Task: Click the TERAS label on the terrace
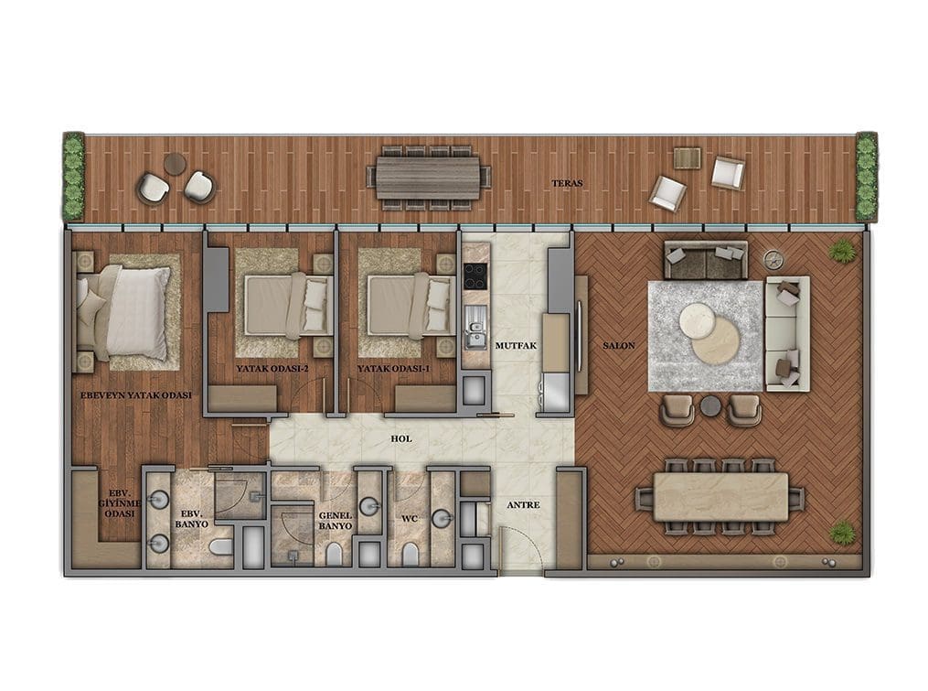(x=567, y=184)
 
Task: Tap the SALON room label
(x=619, y=346)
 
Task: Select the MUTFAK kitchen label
(x=516, y=346)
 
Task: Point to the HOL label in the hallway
(x=401, y=439)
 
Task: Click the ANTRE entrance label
(x=523, y=505)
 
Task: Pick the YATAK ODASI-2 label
(x=272, y=369)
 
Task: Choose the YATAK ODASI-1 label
(x=393, y=369)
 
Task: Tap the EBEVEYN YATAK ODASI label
(x=136, y=394)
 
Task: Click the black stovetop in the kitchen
(x=475, y=275)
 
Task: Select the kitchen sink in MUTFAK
(x=475, y=328)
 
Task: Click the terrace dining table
(x=429, y=178)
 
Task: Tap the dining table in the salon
(x=720, y=497)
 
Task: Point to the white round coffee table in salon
(x=697, y=320)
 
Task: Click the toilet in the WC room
(x=410, y=554)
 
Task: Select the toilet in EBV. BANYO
(x=221, y=546)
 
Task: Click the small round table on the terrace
(x=176, y=164)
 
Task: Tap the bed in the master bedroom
(x=123, y=313)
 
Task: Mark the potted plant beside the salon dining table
(x=842, y=532)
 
